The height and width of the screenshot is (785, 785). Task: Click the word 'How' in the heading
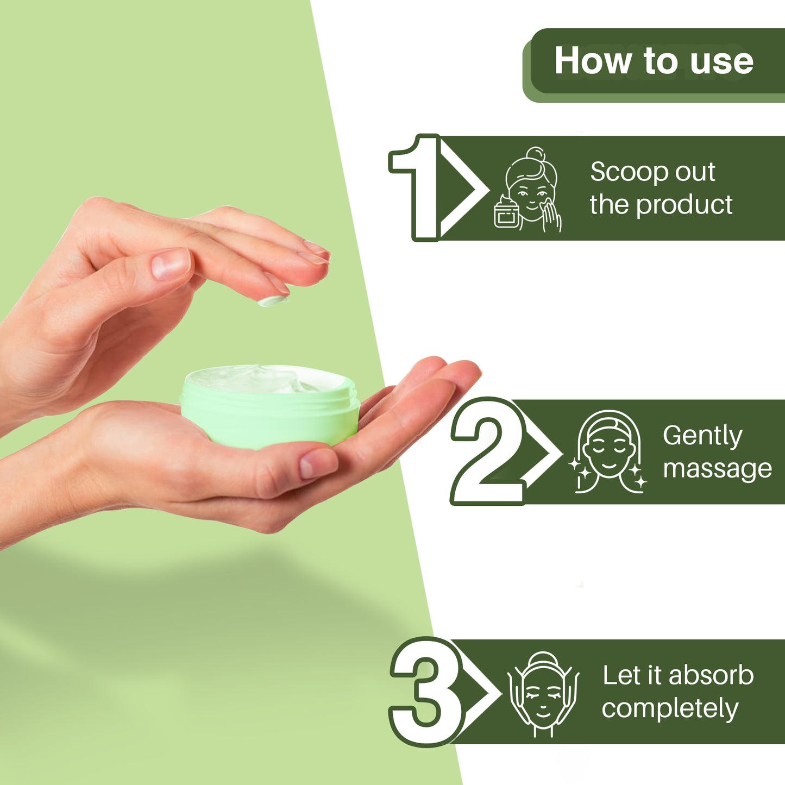pos(594,60)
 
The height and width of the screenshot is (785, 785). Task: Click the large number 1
pos(415,187)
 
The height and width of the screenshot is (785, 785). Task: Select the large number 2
pos(488,451)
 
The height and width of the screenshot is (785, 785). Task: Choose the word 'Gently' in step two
pos(702,437)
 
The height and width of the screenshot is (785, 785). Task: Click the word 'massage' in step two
pos(717,469)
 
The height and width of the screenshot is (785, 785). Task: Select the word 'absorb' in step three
pos(711,676)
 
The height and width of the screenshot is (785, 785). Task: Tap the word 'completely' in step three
pos(670,709)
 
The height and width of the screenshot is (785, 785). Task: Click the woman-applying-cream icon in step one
pos(529,190)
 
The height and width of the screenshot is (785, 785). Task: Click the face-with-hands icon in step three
pos(543,694)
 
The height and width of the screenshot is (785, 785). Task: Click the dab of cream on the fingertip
pos(273,301)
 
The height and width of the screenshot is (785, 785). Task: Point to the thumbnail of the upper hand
pos(171,264)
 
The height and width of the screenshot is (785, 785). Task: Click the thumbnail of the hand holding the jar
pos(318,464)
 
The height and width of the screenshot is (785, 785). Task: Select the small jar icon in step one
pos(506,211)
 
